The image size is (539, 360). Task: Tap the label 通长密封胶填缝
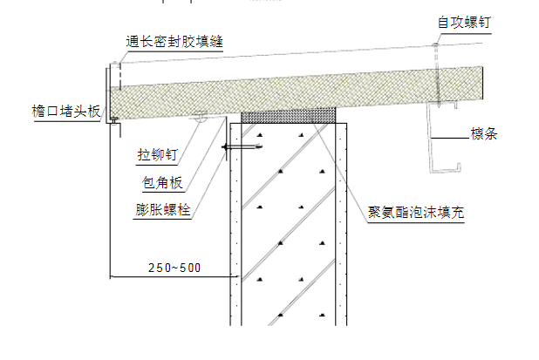[174, 42]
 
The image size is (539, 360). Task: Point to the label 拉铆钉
[157, 155]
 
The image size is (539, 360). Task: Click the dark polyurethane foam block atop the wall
[288, 114]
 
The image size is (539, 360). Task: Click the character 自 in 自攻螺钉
[443, 21]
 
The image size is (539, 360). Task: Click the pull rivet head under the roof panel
[201, 118]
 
